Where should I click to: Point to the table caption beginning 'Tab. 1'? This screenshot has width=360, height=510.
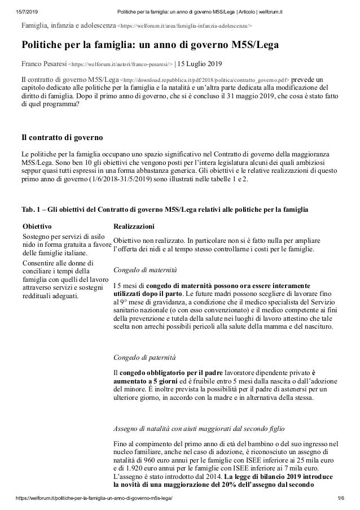(x=164, y=210)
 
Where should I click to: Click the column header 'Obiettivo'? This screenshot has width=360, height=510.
(x=36, y=225)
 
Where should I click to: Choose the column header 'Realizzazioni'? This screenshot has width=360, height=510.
(x=134, y=225)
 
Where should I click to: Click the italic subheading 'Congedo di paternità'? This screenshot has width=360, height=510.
(x=144, y=358)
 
